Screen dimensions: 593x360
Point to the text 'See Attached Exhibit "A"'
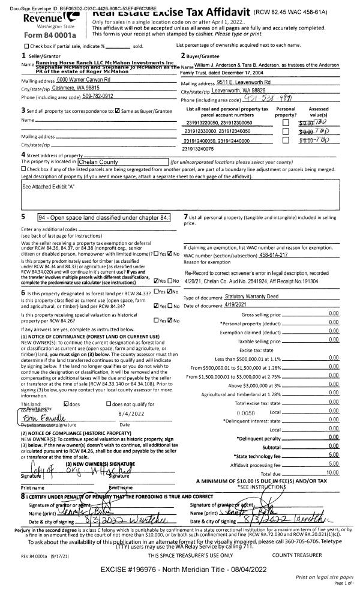tap(49, 187)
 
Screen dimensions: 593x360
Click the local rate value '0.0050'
tap(246, 413)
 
